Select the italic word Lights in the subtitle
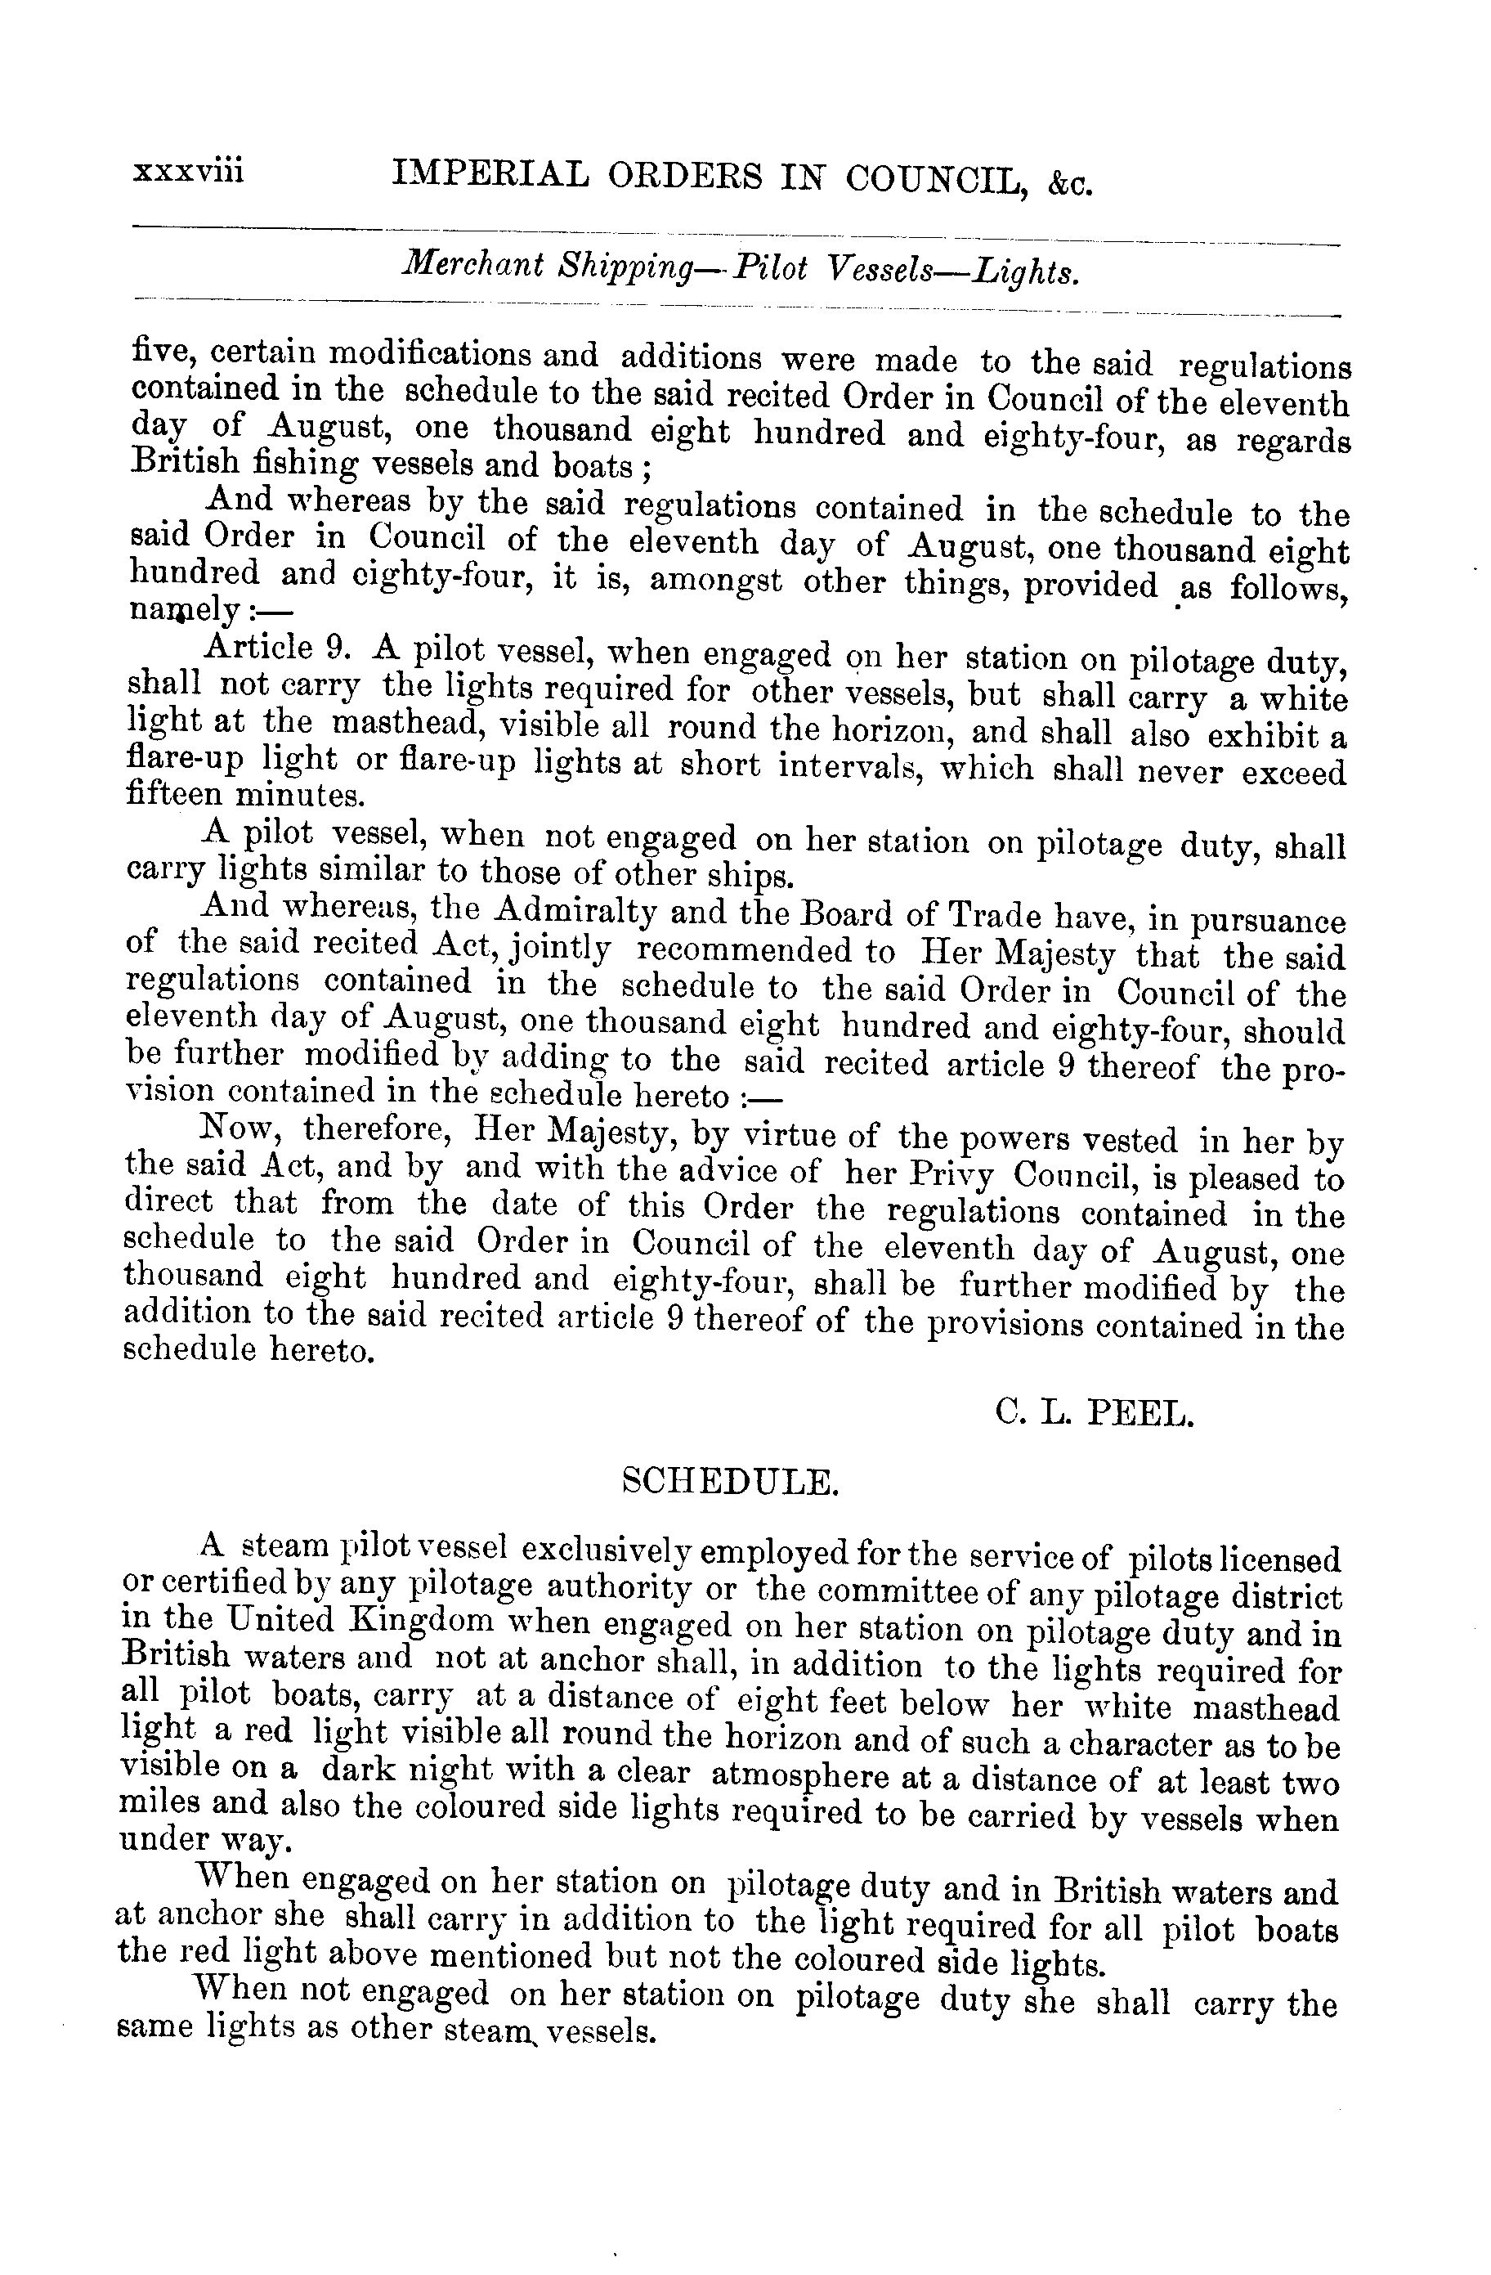point(1027,272)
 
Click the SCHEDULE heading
point(729,1483)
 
